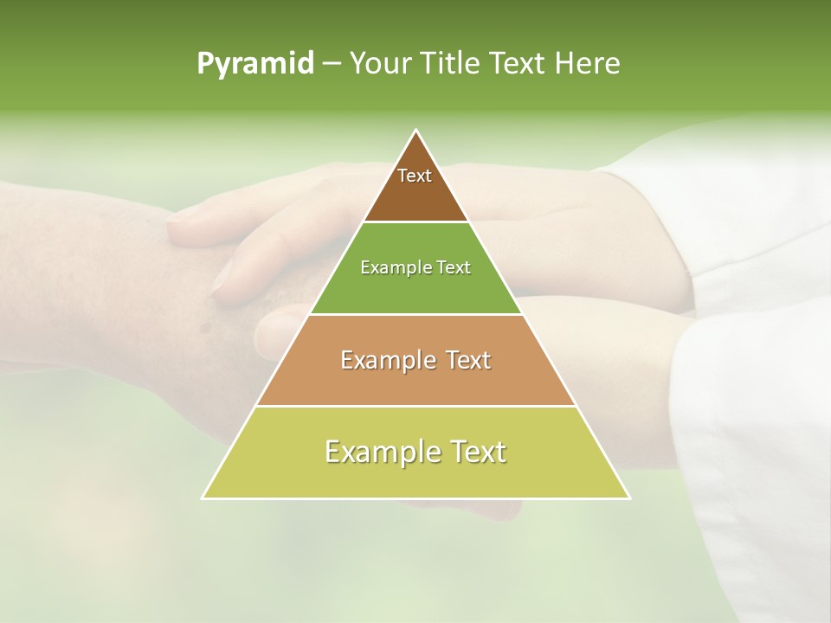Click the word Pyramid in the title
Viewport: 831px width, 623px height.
pyautogui.click(x=255, y=64)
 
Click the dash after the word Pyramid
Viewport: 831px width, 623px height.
pyautogui.click(x=331, y=64)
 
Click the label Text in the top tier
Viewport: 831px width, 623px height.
pyautogui.click(x=415, y=176)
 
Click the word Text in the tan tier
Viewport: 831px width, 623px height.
pyautogui.click(x=468, y=360)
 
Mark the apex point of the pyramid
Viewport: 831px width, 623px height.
pyautogui.click(x=416, y=131)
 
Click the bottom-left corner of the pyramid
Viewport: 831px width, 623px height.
pyautogui.click(x=203, y=498)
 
